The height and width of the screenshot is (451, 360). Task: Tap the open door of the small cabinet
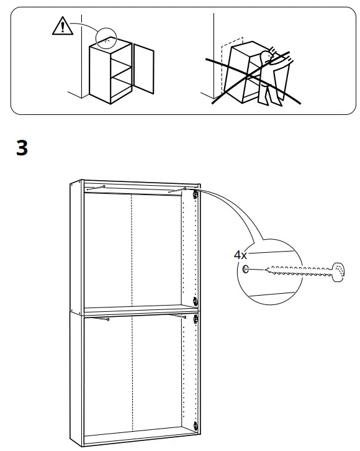[x=143, y=69]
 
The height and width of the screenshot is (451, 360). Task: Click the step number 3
[x=22, y=149]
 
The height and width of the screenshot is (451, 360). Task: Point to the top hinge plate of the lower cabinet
[x=196, y=319]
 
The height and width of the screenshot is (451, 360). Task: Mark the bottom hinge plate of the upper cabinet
[x=196, y=301]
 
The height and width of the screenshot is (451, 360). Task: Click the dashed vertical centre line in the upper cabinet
[x=132, y=248]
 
